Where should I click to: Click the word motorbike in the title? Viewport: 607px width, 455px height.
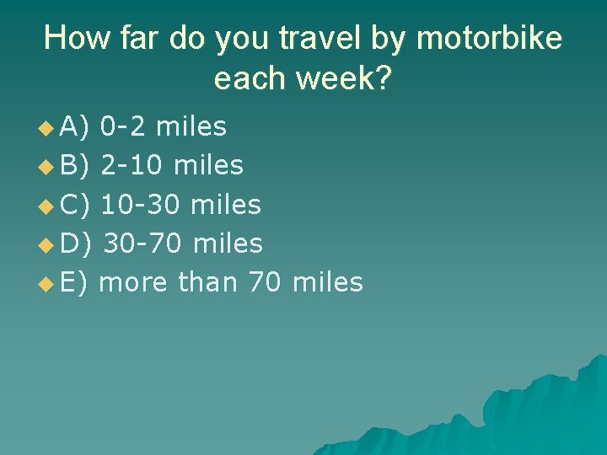click(x=489, y=39)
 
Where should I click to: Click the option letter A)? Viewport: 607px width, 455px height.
click(x=75, y=126)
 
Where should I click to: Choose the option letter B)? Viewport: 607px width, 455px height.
click(x=75, y=165)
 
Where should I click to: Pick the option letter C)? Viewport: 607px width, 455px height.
click(x=75, y=204)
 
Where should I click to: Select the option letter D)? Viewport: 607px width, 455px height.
click(x=76, y=244)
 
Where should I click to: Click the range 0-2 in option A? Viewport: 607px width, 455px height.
click(x=124, y=126)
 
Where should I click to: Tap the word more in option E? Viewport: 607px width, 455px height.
click(x=134, y=282)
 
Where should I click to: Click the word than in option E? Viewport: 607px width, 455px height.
click(x=208, y=282)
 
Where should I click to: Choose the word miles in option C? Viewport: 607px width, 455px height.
click(x=227, y=204)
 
